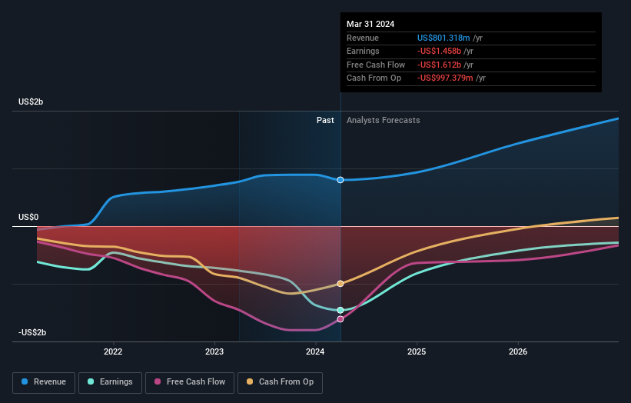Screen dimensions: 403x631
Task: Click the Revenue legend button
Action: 44,381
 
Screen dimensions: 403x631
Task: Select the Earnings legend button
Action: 110,381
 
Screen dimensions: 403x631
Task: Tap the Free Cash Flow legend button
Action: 189,381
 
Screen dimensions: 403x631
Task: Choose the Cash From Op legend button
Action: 280,381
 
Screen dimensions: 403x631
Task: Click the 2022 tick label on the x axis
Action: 113,352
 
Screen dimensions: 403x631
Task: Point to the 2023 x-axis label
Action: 214,352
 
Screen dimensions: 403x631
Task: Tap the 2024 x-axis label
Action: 315,352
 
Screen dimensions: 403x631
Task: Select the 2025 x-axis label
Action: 417,352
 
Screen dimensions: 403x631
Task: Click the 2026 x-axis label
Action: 518,352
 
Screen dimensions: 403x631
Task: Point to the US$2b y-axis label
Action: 32,102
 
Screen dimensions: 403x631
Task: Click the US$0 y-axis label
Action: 28,217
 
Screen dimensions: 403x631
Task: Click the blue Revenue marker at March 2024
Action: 340,180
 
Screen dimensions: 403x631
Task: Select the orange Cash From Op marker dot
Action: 340,284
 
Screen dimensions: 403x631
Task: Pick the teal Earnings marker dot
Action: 340,310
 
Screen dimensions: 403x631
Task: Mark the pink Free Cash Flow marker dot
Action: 340,318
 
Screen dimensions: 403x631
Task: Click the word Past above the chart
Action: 325,120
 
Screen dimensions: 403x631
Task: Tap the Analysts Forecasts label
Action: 384,120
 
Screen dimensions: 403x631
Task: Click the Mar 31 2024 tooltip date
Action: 370,24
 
